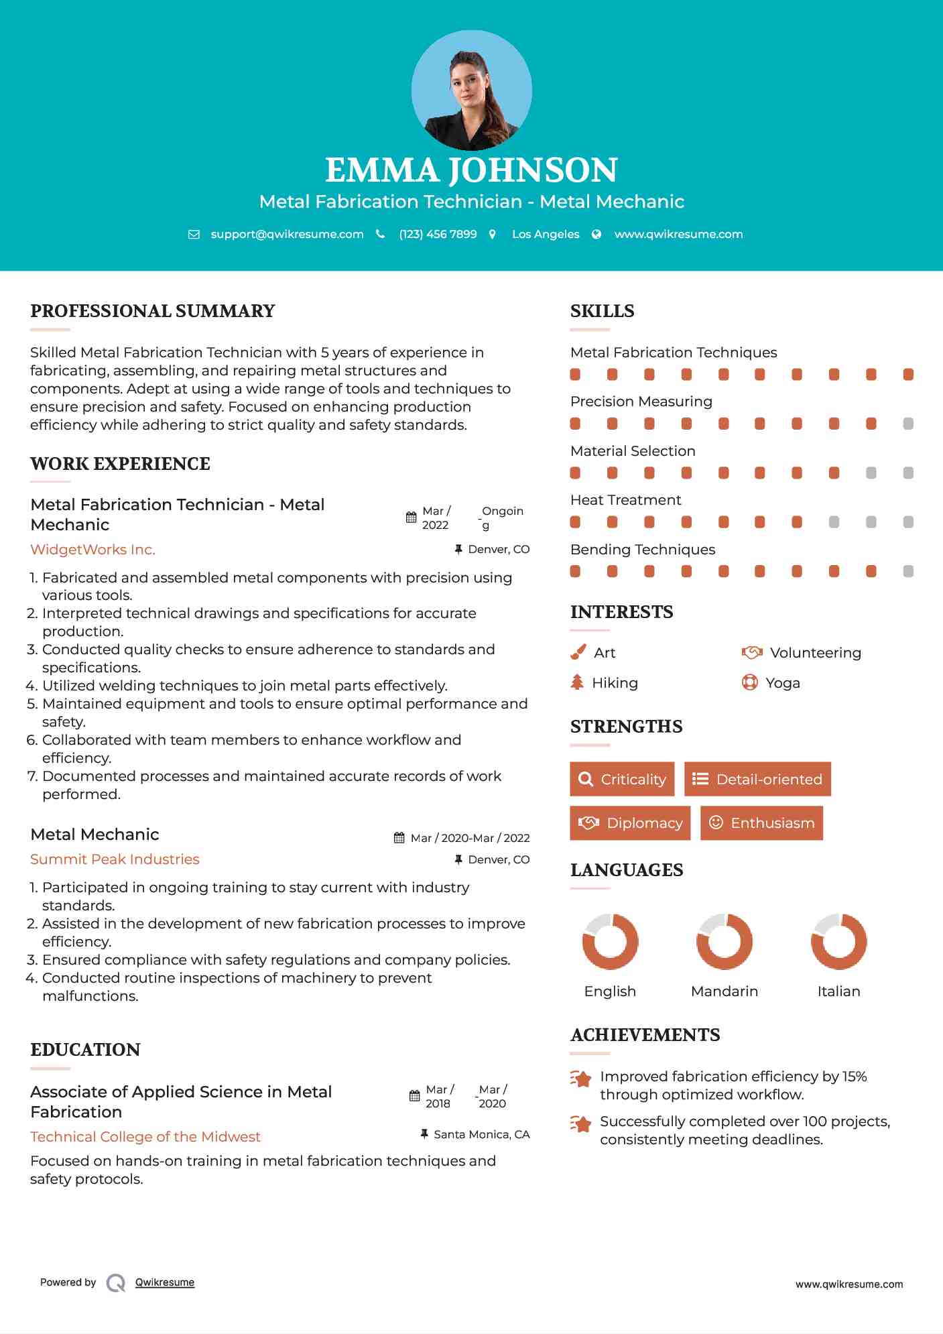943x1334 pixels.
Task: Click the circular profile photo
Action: [x=471, y=90]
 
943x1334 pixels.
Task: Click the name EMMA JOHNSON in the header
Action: [x=471, y=170]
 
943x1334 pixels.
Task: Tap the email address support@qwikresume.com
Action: [x=287, y=235]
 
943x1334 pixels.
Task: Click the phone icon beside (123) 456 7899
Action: [x=381, y=235]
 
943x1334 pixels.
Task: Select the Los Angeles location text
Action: [x=545, y=235]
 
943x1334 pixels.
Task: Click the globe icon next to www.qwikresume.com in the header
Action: [x=596, y=235]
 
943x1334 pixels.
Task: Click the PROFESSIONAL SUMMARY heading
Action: [x=153, y=311]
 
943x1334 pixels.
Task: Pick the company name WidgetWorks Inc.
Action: [x=92, y=550]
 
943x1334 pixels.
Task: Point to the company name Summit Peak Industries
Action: [x=115, y=859]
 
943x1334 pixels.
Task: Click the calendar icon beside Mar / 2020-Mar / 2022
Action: [x=399, y=838]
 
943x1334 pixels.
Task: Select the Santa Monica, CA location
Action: [x=481, y=1134]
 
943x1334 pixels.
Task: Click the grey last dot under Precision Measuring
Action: [x=908, y=424]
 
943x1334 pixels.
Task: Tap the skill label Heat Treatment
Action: [x=625, y=500]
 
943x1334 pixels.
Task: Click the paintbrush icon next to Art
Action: [x=578, y=652]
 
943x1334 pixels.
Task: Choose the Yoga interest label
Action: [x=783, y=683]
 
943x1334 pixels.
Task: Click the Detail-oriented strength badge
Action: [x=757, y=779]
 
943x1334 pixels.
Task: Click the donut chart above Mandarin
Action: [x=725, y=941]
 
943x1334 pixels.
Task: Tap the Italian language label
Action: [x=838, y=991]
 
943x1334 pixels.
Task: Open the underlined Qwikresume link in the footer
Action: [x=165, y=1282]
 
